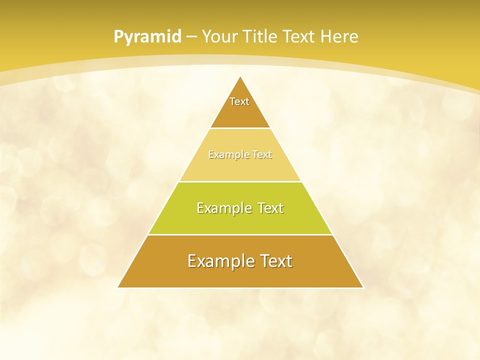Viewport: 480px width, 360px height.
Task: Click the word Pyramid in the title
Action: click(147, 36)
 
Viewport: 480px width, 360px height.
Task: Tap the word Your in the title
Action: click(219, 36)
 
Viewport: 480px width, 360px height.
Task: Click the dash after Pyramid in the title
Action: click(191, 37)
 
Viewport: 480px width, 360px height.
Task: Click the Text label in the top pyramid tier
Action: click(239, 101)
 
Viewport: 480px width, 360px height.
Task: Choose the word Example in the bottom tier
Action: click(218, 261)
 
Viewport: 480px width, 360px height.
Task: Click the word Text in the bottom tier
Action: click(274, 261)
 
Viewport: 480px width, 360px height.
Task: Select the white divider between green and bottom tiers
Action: click(240, 234)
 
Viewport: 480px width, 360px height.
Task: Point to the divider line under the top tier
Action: click(240, 128)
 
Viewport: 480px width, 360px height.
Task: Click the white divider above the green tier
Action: click(240, 181)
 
